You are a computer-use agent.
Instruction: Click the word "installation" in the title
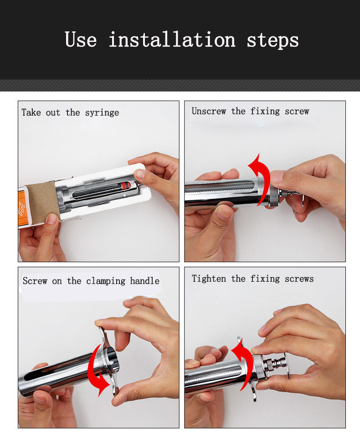point(172,40)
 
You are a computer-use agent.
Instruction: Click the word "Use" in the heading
point(81,40)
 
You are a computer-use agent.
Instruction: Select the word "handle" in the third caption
point(144,281)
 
